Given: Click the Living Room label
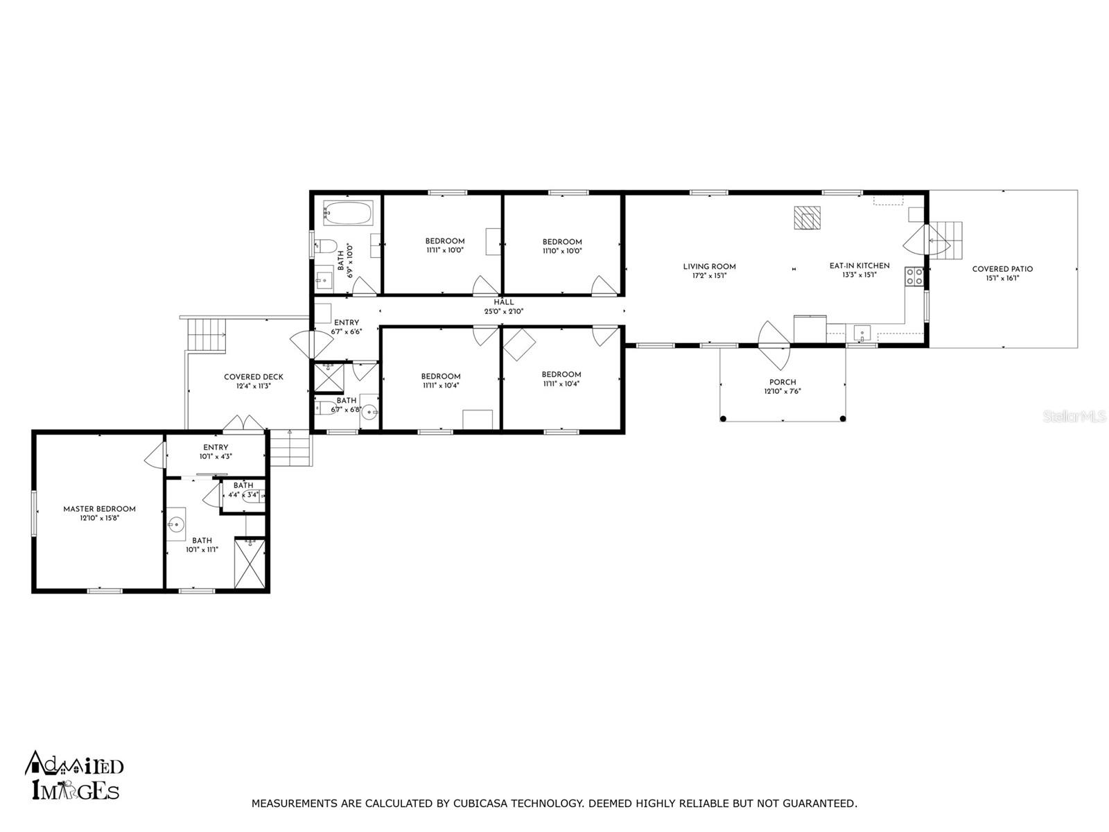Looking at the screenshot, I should coord(709,266).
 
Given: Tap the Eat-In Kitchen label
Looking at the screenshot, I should coord(859,266).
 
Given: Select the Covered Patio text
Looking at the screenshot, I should coord(1002,269).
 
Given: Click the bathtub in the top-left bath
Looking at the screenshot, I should coord(348,212).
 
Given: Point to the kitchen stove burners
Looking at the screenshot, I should coord(914,277).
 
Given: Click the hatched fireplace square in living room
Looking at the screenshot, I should coord(807,217).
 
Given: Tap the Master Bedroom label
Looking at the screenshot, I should coord(99,509).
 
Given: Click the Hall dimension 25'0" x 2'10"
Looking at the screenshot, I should coord(504,311).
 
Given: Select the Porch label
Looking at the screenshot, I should coord(783,382).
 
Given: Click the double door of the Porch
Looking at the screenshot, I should coord(774,345).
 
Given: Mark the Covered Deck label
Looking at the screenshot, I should coord(253,377).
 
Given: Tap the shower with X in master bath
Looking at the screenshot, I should coord(250,564).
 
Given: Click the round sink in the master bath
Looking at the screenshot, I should coord(176,525).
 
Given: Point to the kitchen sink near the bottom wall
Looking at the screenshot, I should coord(862,332).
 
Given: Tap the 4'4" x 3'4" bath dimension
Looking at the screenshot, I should coord(243,494).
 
